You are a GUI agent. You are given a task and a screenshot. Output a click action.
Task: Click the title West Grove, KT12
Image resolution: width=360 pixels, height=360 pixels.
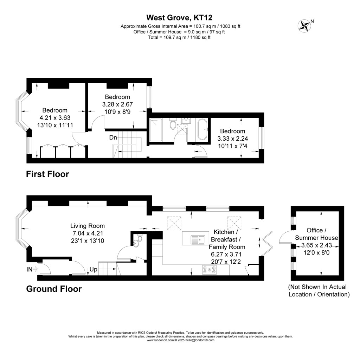click(x=180, y=17)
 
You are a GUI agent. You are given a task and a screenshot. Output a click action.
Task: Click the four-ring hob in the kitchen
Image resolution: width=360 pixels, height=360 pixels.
click(x=209, y=270)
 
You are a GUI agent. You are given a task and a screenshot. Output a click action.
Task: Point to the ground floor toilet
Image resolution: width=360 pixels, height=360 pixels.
click(x=139, y=239)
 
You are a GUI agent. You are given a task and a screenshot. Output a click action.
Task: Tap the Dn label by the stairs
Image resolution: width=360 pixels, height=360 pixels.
click(x=113, y=137)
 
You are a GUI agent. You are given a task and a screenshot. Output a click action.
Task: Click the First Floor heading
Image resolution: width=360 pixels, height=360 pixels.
click(x=47, y=174)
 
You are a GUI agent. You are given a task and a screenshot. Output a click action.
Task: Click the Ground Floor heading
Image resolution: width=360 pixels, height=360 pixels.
click(x=54, y=289)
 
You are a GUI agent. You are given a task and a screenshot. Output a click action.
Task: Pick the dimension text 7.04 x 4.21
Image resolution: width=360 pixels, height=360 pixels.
click(x=88, y=233)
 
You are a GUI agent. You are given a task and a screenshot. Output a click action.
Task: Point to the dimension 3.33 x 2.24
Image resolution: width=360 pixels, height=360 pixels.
click(x=232, y=139)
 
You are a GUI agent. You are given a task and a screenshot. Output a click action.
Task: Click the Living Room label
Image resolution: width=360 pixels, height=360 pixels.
click(x=88, y=226)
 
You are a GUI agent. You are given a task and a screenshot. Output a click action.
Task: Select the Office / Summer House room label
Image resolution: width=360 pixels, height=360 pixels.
click(x=315, y=234)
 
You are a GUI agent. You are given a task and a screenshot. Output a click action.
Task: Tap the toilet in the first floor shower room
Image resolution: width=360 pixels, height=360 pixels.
click(x=172, y=125)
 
